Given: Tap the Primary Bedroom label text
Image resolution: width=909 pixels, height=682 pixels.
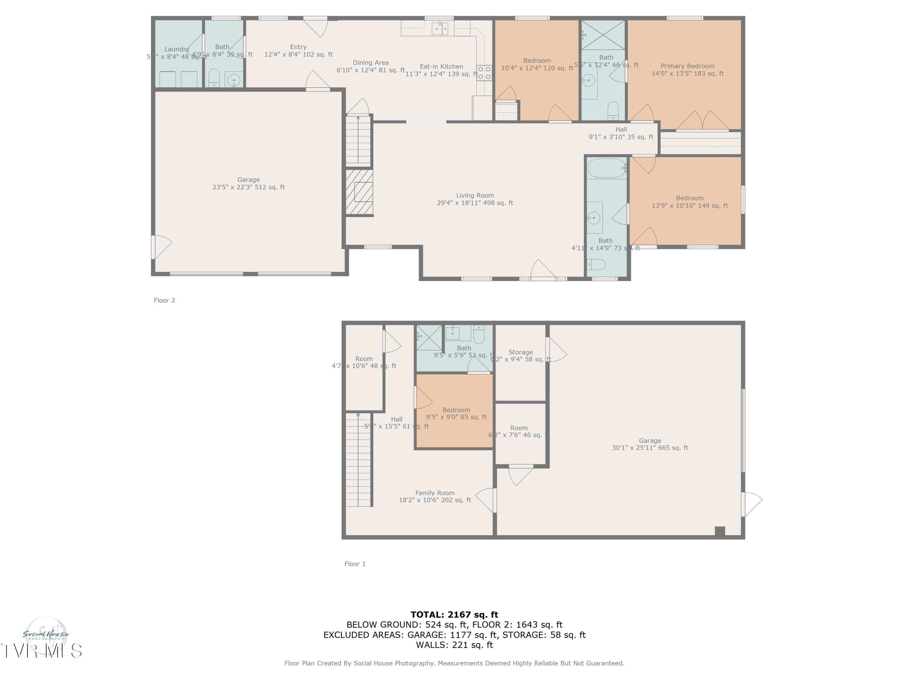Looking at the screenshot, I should point(687,66).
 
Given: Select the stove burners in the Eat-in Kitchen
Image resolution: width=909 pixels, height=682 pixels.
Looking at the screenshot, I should point(484,73).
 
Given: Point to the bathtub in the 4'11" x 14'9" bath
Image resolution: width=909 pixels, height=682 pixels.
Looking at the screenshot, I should point(607,168).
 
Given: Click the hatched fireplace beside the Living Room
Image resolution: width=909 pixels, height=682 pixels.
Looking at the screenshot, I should point(359,192).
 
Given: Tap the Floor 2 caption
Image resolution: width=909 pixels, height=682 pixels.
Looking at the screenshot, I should point(164,300).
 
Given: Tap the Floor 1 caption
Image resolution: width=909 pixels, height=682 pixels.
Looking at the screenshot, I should point(355,564).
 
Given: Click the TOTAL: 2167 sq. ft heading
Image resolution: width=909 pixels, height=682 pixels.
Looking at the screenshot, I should point(454,615).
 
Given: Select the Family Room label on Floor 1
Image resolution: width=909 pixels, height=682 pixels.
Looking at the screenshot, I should point(435,493).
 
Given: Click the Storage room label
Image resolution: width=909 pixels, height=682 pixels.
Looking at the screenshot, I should point(520,352).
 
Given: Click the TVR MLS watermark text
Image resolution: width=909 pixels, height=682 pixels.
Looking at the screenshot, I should point(41,651).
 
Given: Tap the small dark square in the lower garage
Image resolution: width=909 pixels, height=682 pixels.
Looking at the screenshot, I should point(720,531).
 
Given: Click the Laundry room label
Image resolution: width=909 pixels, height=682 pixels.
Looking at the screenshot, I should point(177,49).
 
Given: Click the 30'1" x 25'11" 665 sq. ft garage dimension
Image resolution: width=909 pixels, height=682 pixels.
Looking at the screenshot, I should point(650,448).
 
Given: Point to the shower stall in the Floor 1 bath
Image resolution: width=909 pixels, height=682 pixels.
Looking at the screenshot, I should point(429,337).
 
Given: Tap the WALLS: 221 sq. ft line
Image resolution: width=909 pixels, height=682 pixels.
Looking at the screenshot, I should point(454,645).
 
